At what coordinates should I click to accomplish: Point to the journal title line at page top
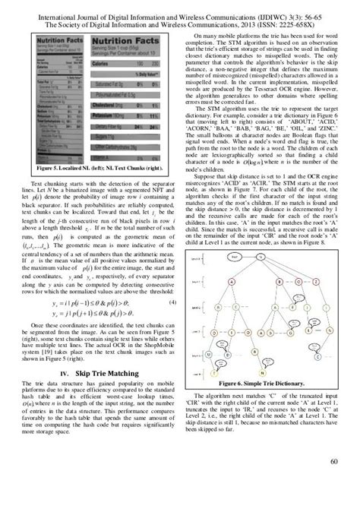179,13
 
